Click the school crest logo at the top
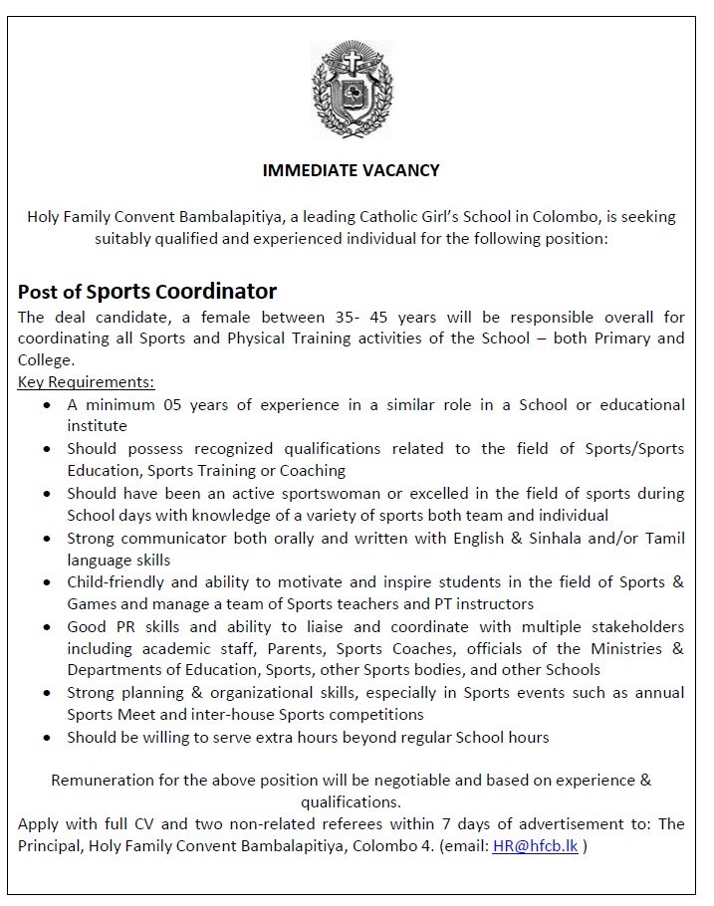[x=352, y=89]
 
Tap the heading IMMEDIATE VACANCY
[x=351, y=170]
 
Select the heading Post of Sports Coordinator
[x=147, y=292]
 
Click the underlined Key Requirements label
[x=86, y=382]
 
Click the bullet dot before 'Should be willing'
[x=48, y=738]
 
